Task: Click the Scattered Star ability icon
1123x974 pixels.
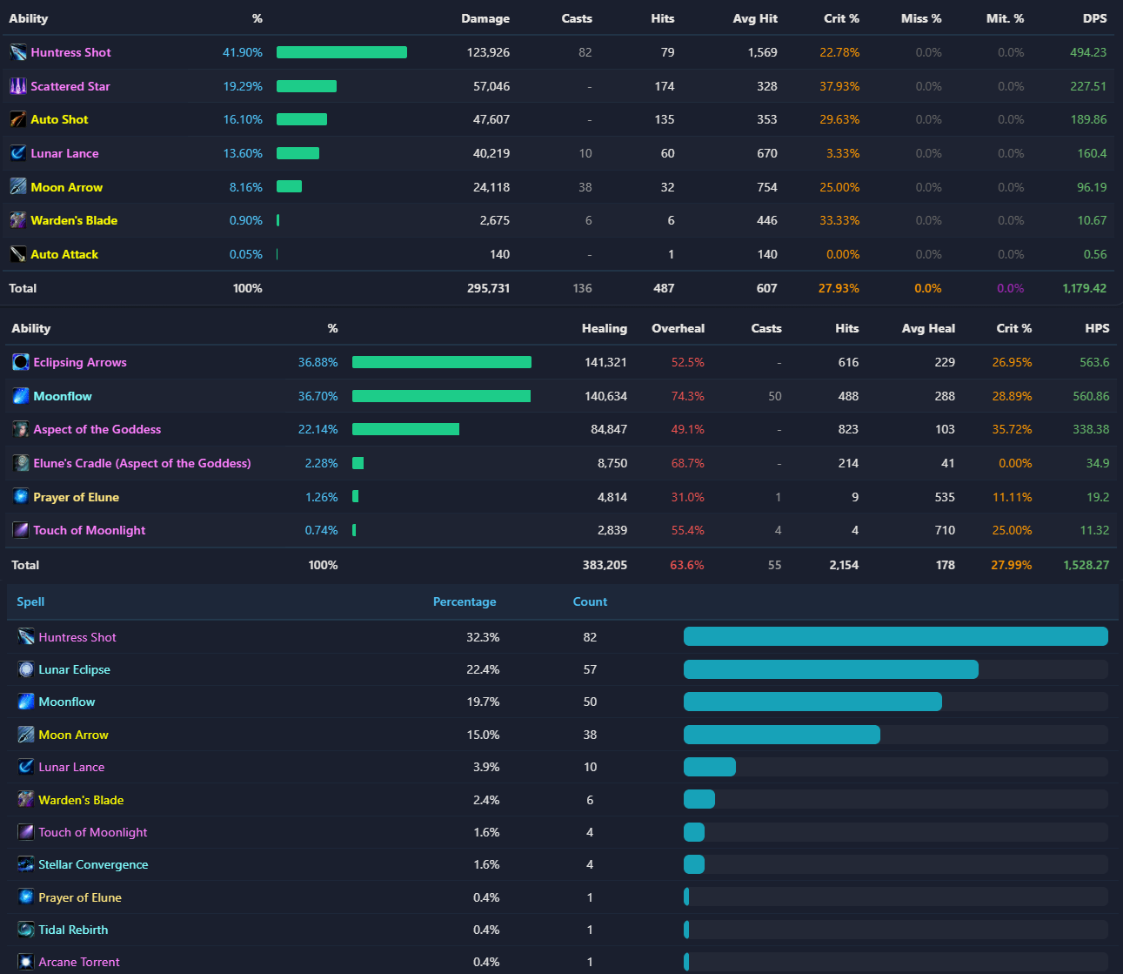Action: coord(18,86)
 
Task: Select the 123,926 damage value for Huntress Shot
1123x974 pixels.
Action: coord(488,53)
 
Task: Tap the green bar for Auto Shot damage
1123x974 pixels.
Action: coord(302,119)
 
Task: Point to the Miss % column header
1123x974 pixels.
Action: coord(921,18)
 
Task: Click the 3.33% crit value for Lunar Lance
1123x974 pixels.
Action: coord(843,154)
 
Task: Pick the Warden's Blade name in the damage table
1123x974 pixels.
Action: coord(74,221)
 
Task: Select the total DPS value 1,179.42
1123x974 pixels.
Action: coord(1084,289)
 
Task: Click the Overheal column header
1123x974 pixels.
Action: coord(678,328)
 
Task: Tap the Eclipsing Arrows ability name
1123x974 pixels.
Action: coord(80,363)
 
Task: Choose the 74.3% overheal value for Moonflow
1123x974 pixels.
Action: coord(687,396)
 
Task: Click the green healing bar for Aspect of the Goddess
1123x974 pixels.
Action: coord(406,429)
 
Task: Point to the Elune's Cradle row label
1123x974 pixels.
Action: coord(142,463)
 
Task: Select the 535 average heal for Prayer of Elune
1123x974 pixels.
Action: coord(945,497)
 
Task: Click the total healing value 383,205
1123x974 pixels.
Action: coord(605,565)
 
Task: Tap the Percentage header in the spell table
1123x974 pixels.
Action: coord(465,601)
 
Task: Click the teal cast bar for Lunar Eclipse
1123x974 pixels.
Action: coord(831,669)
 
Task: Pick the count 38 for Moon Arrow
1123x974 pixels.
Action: coord(590,735)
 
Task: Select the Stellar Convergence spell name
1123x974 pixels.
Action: coord(93,864)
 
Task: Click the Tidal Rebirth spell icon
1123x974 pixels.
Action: coord(26,930)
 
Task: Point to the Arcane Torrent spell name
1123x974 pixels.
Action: coord(79,962)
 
